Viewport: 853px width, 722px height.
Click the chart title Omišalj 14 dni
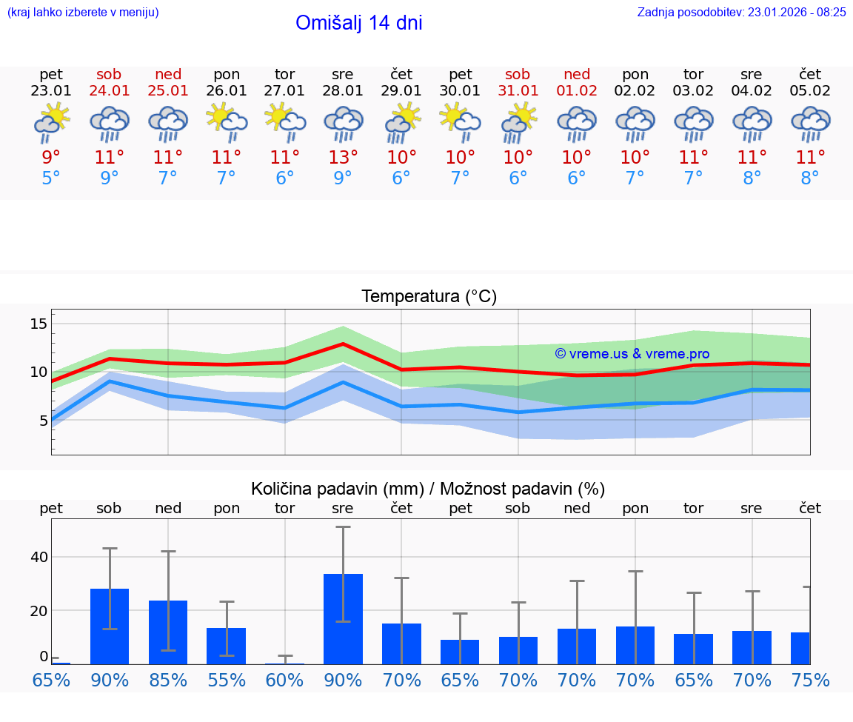(x=358, y=23)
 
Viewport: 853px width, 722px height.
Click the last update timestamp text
(x=741, y=12)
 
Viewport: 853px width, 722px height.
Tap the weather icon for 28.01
(x=343, y=124)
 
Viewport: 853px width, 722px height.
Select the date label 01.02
(x=577, y=91)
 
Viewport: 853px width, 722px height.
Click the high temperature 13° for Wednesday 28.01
(x=343, y=158)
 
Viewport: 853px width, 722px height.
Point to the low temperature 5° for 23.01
(x=51, y=178)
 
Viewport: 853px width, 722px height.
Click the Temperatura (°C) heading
(x=429, y=297)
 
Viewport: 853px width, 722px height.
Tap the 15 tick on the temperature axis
(x=39, y=324)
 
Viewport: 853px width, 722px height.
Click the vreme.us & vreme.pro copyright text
(x=632, y=354)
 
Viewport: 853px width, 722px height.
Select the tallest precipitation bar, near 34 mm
(x=343, y=619)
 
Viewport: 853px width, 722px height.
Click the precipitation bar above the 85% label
(x=168, y=632)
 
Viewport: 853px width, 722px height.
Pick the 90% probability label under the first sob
(x=110, y=680)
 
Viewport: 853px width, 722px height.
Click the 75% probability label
(x=810, y=680)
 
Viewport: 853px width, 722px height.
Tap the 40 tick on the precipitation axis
(x=39, y=557)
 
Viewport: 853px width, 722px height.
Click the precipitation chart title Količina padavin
(x=428, y=489)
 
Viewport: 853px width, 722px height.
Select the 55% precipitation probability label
(x=227, y=680)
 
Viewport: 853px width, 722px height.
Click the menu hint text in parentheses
(x=82, y=12)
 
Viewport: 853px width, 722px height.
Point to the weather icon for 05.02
(x=810, y=124)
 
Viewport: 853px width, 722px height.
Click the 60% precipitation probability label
(x=285, y=680)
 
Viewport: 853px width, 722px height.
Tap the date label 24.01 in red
(x=110, y=91)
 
